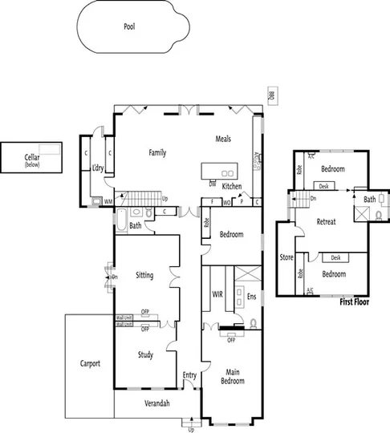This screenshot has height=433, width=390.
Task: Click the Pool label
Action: click(129, 26)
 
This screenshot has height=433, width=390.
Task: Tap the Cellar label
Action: click(32, 159)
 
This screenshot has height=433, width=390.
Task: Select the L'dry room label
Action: click(99, 168)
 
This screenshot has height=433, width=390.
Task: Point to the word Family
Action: click(156, 152)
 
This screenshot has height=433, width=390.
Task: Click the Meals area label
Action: click(223, 139)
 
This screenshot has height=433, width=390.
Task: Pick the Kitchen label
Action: click(231, 186)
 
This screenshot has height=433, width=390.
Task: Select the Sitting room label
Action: click(144, 275)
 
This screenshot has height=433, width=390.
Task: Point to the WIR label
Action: click(217, 294)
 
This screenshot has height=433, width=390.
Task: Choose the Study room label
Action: click(144, 354)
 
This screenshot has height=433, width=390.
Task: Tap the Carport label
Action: click(90, 363)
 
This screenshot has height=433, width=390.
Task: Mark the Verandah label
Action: click(156, 403)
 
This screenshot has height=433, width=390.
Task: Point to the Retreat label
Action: click(326, 221)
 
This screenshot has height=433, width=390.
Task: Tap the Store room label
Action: click(286, 257)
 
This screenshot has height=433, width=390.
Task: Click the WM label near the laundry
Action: click(107, 202)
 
